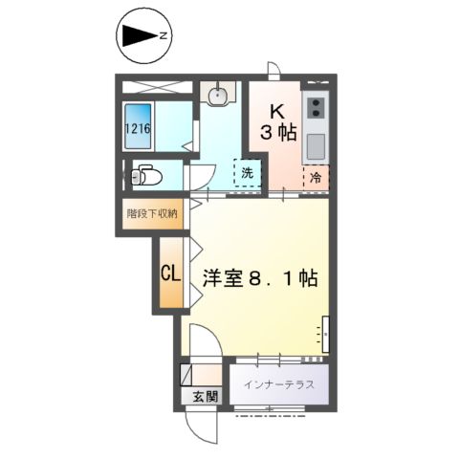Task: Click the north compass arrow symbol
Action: point(140,35)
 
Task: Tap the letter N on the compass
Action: point(164,35)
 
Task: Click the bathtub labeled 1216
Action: point(138,126)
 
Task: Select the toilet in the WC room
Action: point(146,175)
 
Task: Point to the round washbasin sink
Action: point(218,95)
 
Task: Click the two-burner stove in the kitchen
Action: point(317,108)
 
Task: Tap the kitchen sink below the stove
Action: point(316,146)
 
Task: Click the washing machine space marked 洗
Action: point(248,172)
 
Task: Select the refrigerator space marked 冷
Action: point(316,178)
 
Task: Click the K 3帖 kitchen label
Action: point(278,122)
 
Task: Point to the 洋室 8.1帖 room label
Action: point(260,278)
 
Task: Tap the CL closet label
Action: point(170,273)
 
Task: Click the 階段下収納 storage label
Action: point(152,213)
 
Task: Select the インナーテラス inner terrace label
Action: point(279,384)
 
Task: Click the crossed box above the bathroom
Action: point(158,87)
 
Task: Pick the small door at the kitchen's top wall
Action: point(273,71)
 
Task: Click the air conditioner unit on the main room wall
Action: point(325,334)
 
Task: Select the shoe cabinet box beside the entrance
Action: point(186,375)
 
